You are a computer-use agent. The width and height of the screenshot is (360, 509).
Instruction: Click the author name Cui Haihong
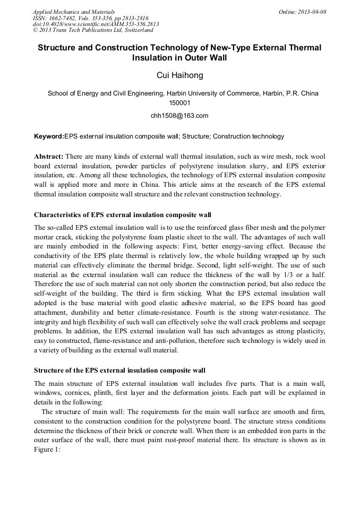(179, 76)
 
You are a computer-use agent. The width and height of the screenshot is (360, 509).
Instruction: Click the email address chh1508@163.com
(179, 115)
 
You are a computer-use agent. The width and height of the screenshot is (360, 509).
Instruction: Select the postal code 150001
(179, 103)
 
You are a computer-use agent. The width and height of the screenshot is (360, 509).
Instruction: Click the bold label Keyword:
(49, 136)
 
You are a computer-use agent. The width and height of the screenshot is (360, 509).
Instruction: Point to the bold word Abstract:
(49, 157)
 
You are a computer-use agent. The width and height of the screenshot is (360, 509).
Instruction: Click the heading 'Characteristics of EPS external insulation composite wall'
(123, 215)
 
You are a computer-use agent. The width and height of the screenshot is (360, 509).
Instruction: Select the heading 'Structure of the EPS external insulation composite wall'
(119, 370)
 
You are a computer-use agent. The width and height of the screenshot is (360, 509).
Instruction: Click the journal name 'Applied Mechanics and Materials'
(74, 12)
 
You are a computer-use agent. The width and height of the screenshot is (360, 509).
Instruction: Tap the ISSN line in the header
(92, 18)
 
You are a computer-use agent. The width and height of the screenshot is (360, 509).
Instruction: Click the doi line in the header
(96, 24)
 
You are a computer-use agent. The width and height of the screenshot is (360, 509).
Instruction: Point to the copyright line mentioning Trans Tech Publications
(93, 30)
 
